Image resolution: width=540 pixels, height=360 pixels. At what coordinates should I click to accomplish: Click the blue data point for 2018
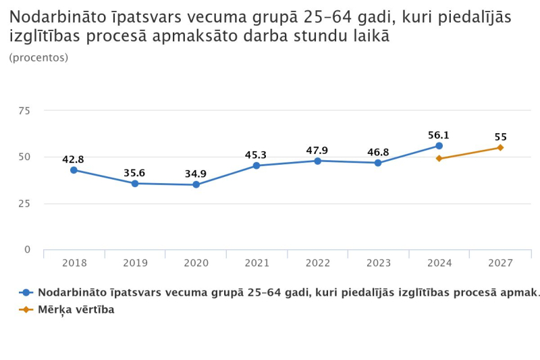pyautogui.click(x=74, y=170)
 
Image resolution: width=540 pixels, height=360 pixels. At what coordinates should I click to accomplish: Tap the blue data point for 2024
pyautogui.click(x=439, y=146)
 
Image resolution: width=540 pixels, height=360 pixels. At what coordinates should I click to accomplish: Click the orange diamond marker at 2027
pyautogui.click(x=500, y=147)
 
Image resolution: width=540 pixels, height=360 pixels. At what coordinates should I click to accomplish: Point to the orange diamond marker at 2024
pyautogui.click(x=439, y=159)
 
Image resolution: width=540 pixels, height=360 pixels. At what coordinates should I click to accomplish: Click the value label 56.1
pyautogui.click(x=439, y=135)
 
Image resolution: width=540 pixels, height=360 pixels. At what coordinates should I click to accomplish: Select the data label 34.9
pyautogui.click(x=196, y=174)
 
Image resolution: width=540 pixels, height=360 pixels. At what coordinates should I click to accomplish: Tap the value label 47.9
pyautogui.click(x=317, y=150)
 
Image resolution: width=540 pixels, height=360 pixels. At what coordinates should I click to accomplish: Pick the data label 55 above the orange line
pyautogui.click(x=500, y=136)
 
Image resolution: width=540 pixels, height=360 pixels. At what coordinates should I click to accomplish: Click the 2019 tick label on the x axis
pyautogui.click(x=135, y=263)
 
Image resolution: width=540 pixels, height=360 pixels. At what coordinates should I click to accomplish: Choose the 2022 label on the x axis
pyautogui.click(x=317, y=263)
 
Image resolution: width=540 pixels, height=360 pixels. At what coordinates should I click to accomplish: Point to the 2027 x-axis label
pyautogui.click(x=500, y=263)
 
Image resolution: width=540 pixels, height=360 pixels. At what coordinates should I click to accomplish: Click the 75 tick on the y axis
pyautogui.click(x=24, y=111)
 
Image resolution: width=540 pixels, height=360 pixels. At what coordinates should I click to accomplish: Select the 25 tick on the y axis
pyautogui.click(x=24, y=203)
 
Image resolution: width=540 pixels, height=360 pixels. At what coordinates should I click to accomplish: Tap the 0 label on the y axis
pyautogui.click(x=28, y=250)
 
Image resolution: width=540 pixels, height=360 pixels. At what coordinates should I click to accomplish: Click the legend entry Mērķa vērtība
pyautogui.click(x=76, y=309)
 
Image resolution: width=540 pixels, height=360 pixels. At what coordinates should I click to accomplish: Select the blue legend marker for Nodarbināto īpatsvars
pyautogui.click(x=26, y=292)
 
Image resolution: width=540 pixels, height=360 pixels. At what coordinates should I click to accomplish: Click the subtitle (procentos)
pyautogui.click(x=38, y=58)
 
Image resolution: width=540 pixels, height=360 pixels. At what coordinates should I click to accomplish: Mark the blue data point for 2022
pyautogui.click(x=317, y=161)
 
